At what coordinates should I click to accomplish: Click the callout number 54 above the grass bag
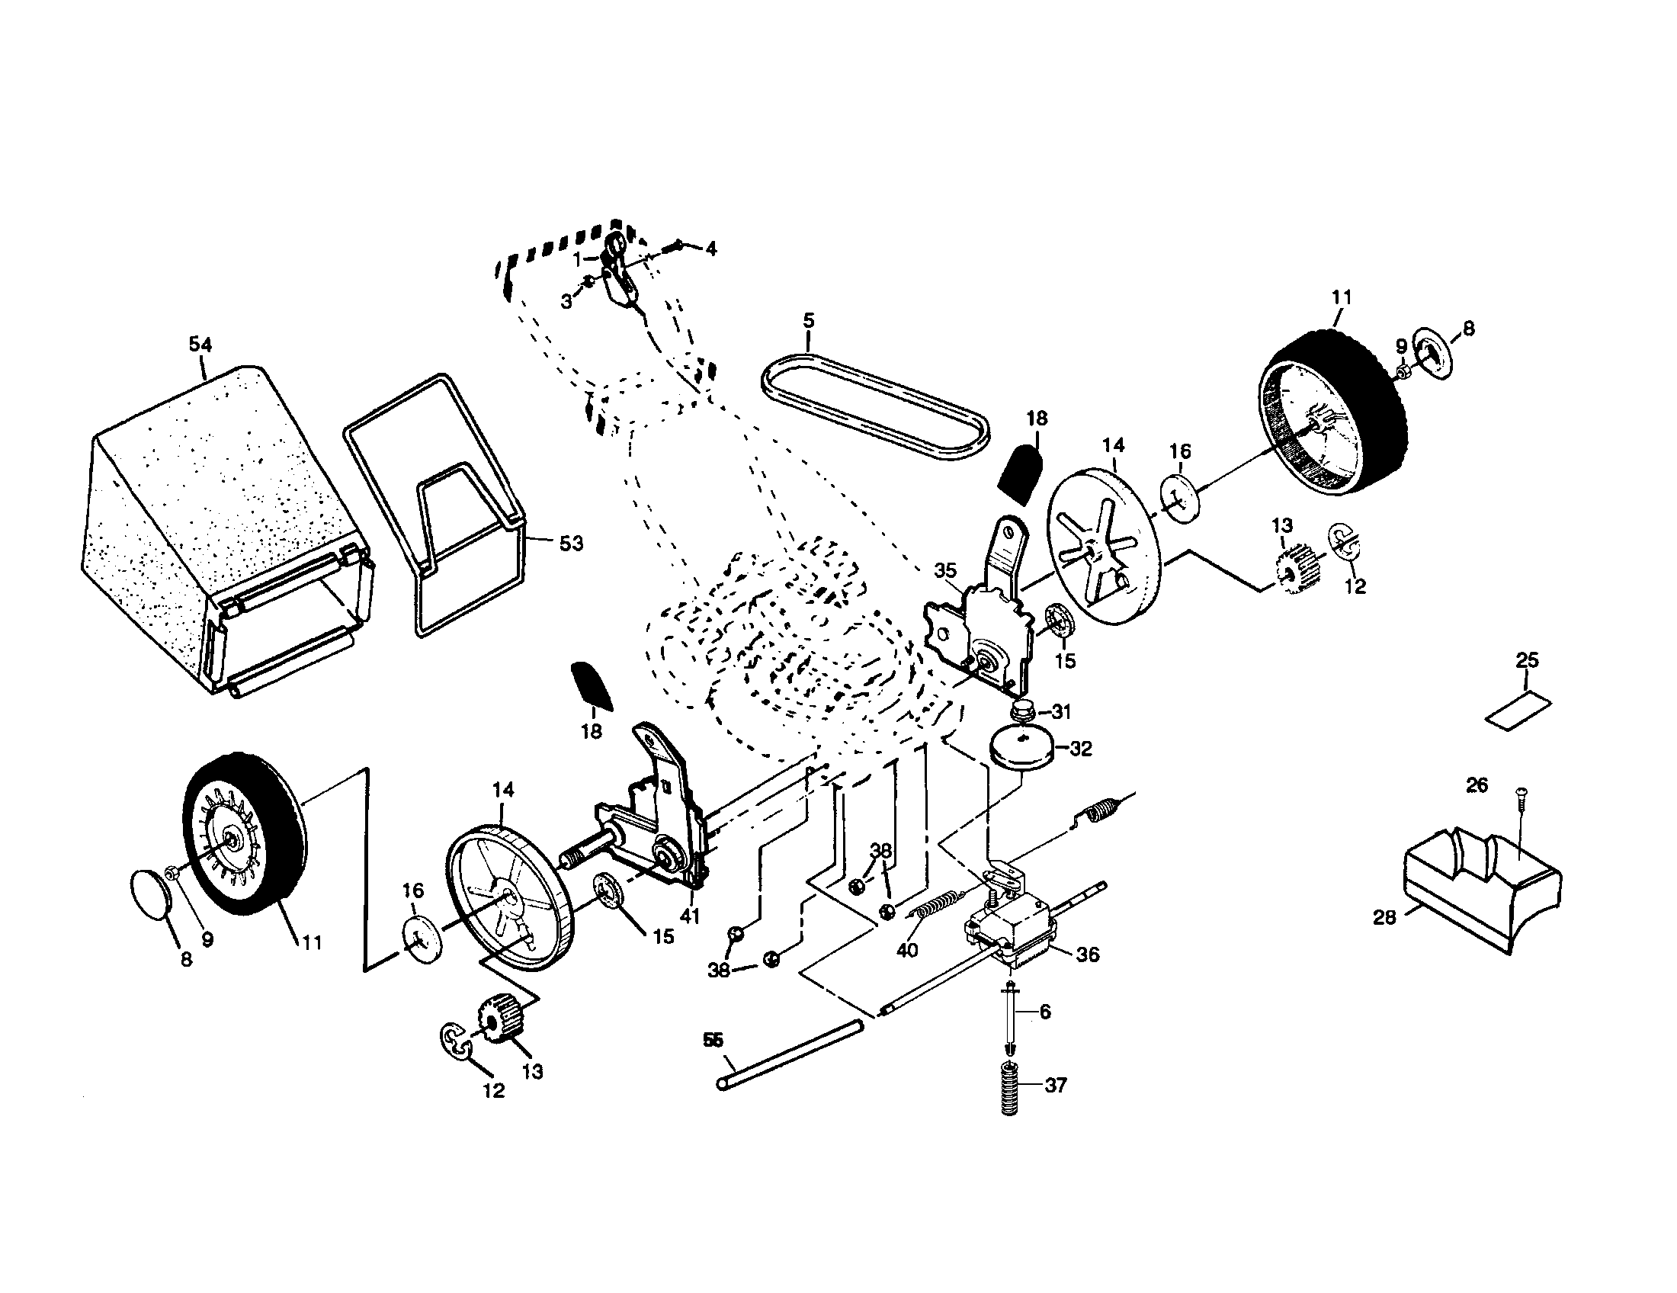(x=200, y=345)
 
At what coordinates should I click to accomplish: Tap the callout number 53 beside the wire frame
(x=570, y=544)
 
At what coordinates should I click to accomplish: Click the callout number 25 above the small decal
(x=1527, y=659)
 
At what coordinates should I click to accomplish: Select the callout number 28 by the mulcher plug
(x=1384, y=918)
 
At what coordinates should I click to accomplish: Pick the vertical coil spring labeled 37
(x=1012, y=1088)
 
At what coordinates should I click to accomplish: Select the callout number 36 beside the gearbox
(x=1088, y=955)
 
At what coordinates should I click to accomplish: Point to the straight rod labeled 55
(x=791, y=1054)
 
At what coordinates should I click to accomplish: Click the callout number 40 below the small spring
(x=907, y=951)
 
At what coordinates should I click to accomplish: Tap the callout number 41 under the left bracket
(x=690, y=916)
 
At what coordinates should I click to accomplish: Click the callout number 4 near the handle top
(x=711, y=249)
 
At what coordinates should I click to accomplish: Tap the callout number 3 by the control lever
(x=566, y=302)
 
